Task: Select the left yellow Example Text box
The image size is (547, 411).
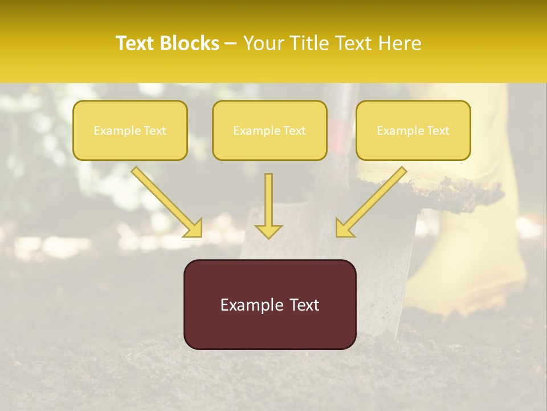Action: (130, 130)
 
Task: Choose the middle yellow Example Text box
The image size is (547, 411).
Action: (270, 130)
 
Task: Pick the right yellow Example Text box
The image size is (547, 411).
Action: (413, 130)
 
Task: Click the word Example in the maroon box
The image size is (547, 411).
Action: (248, 305)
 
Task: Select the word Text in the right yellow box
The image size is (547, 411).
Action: (438, 131)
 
